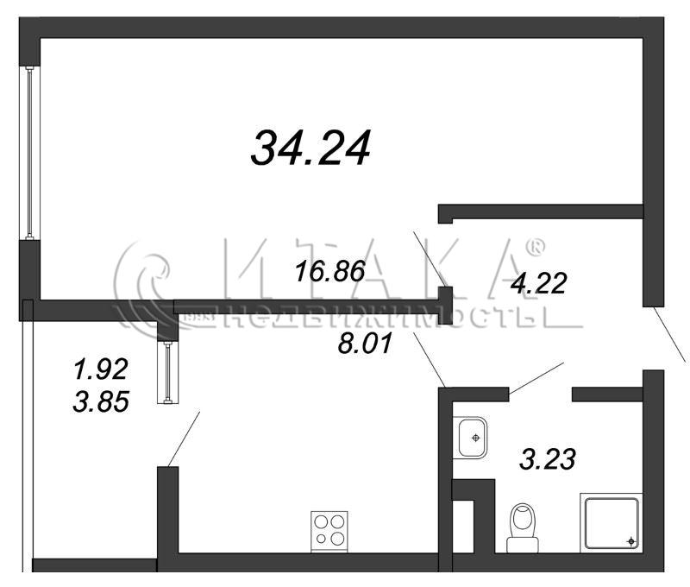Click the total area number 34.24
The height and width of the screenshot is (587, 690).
point(310,148)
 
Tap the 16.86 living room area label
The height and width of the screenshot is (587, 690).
point(330,271)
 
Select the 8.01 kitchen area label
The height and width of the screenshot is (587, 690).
point(365,343)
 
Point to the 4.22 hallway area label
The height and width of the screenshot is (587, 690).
point(538,283)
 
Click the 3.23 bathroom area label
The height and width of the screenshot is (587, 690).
point(548,459)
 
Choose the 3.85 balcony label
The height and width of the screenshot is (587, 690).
point(101,401)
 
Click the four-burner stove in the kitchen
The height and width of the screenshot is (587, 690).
point(329,532)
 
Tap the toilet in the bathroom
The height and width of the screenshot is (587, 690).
point(523,528)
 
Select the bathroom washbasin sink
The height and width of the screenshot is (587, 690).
point(470,438)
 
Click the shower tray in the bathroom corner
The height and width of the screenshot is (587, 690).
point(612,523)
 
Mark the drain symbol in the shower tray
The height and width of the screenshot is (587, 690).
point(631,541)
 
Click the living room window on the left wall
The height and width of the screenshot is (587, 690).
point(29,153)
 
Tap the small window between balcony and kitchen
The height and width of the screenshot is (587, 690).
point(167,373)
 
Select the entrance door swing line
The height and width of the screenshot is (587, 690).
point(669,335)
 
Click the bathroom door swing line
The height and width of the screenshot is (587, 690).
point(536,378)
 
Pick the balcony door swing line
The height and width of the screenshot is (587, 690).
point(184,439)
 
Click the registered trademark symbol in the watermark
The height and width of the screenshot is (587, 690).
point(536,248)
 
